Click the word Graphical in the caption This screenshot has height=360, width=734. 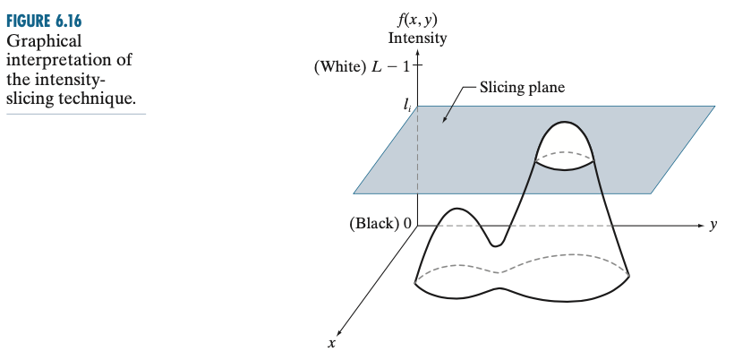(x=43, y=41)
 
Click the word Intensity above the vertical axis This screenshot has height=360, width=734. (x=417, y=39)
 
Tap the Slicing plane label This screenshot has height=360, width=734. (x=522, y=88)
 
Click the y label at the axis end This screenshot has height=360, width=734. (x=713, y=225)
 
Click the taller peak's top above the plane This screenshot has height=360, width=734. (x=565, y=123)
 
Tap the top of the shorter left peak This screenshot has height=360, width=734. (x=456, y=210)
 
